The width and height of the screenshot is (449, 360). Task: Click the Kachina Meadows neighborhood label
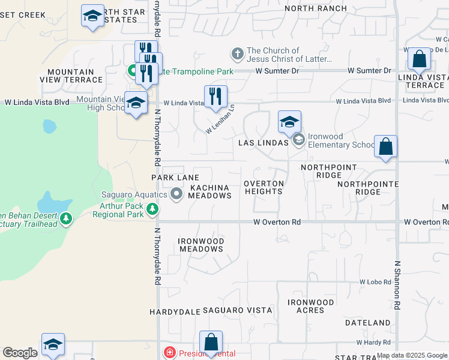(x=209, y=192)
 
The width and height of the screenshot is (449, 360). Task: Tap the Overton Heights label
(x=264, y=187)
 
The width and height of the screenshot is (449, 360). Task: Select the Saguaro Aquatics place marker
(x=176, y=194)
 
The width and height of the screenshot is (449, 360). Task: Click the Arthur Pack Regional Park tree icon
(x=153, y=209)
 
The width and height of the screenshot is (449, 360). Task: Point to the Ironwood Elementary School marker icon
(x=298, y=140)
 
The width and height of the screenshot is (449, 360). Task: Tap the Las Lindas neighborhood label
(x=259, y=143)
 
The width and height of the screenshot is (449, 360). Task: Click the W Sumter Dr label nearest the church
(x=277, y=71)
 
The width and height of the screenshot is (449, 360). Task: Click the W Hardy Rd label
(x=373, y=343)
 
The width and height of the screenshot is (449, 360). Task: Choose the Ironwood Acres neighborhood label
(x=310, y=306)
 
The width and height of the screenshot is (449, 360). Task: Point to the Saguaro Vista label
(x=237, y=310)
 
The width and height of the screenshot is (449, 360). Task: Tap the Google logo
(x=20, y=353)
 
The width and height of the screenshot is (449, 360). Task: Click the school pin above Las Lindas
(x=289, y=122)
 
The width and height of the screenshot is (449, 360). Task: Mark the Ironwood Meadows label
(x=201, y=245)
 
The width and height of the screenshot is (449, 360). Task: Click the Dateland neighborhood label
(x=368, y=323)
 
